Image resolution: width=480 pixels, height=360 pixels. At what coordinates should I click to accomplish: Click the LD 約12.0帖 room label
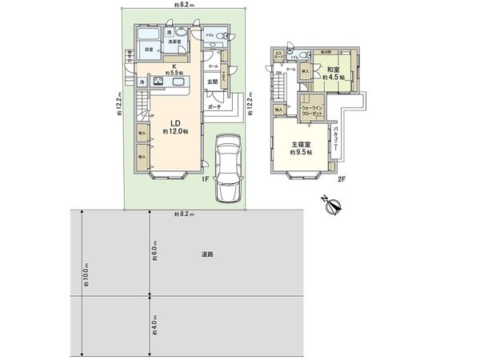click(174, 126)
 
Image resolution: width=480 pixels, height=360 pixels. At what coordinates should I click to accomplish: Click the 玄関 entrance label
click(212, 81)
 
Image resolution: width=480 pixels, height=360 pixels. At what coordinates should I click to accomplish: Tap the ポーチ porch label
click(214, 106)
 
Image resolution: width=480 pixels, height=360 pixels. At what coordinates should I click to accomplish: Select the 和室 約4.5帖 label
click(334, 74)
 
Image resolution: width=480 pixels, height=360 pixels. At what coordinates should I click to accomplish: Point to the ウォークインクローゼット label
click(312, 110)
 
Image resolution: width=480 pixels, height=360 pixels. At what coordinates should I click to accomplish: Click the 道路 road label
click(207, 254)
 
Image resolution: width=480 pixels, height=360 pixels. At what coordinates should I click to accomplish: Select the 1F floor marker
click(205, 179)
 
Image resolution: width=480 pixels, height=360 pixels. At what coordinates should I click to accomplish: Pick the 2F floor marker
click(340, 179)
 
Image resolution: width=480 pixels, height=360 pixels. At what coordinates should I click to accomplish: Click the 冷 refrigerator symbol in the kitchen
click(142, 82)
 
